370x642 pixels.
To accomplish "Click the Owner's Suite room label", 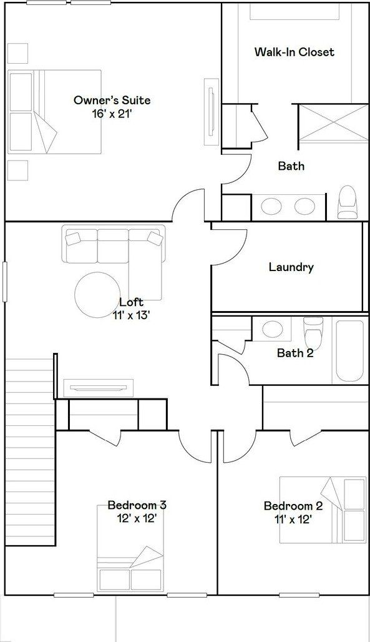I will [112, 100].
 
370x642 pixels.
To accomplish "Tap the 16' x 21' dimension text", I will [112, 113].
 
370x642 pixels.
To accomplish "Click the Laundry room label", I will [291, 267].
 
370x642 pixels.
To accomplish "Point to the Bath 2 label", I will [295, 353].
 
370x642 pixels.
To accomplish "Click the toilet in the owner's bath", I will [346, 203].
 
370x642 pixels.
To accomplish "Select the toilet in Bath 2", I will [312, 334].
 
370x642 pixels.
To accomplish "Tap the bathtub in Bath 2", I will [349, 350].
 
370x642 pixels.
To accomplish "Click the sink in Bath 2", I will [271, 328].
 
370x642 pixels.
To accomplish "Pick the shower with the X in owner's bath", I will [333, 123].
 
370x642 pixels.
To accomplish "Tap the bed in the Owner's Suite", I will [54, 111].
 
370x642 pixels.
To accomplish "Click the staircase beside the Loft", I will [30, 450].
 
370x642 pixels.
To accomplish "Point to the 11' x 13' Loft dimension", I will [131, 315].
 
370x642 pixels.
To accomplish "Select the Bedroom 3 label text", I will [137, 505].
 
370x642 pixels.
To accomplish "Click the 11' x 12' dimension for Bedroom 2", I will [293, 519].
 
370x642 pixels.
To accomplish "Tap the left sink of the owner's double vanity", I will [271, 205].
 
